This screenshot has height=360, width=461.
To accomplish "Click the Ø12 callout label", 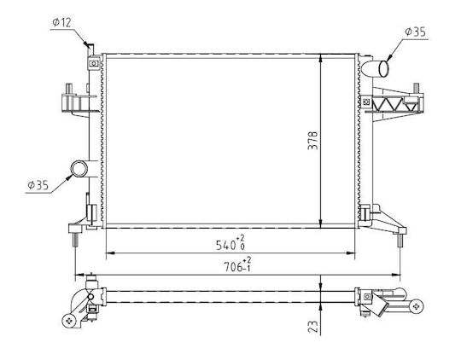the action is [x=62, y=22].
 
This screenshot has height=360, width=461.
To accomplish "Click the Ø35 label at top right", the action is [x=416, y=32].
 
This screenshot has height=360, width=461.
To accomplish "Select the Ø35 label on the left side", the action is [x=38, y=185].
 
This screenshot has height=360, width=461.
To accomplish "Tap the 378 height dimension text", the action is [x=312, y=141].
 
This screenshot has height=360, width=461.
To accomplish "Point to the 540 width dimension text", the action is [x=230, y=243].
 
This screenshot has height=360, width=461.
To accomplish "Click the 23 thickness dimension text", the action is [x=313, y=326].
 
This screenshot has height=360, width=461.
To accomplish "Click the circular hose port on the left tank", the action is [x=79, y=169].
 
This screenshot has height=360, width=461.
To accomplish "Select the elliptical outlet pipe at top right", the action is [x=383, y=68].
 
